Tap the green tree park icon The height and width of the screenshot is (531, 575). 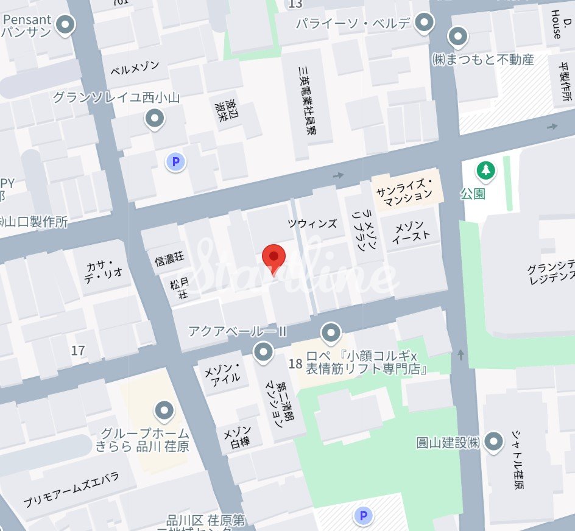click(485, 171)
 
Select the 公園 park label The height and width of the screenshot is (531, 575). click(473, 194)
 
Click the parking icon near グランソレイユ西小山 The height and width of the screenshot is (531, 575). click(175, 162)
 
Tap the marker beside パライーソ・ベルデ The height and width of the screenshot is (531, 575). click(423, 24)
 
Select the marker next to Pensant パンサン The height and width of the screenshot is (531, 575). click(65, 25)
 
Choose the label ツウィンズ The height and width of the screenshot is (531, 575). click(312, 223)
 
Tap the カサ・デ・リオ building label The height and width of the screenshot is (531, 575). click(105, 269)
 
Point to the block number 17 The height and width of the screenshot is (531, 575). click(78, 350)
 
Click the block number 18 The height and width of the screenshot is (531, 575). click(295, 364)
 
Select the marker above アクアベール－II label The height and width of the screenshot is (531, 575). click(263, 352)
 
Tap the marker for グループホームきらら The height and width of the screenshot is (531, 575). click(164, 411)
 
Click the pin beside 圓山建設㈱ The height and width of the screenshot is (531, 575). click(493, 440)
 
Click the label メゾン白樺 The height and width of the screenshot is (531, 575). click(238, 438)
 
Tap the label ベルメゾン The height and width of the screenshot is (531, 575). click(135, 68)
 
